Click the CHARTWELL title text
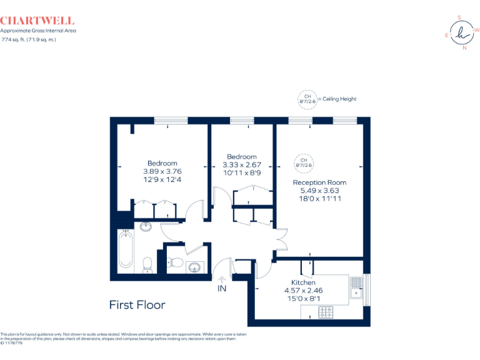[x=37, y=21]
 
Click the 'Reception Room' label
[x=319, y=182]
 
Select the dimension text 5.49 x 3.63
[x=319, y=191]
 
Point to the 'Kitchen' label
[x=303, y=282]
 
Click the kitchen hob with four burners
[x=327, y=311]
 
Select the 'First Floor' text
[x=137, y=305]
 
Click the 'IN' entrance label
[x=222, y=289]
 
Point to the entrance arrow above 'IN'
[x=222, y=279]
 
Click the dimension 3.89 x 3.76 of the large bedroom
[x=162, y=171]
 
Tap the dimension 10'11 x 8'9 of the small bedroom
[x=241, y=173]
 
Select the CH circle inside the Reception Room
[x=303, y=162]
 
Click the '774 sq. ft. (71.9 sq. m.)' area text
[x=29, y=39]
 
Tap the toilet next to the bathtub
[x=147, y=264]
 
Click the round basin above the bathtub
[x=146, y=226]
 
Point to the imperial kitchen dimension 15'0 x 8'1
[x=303, y=299]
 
